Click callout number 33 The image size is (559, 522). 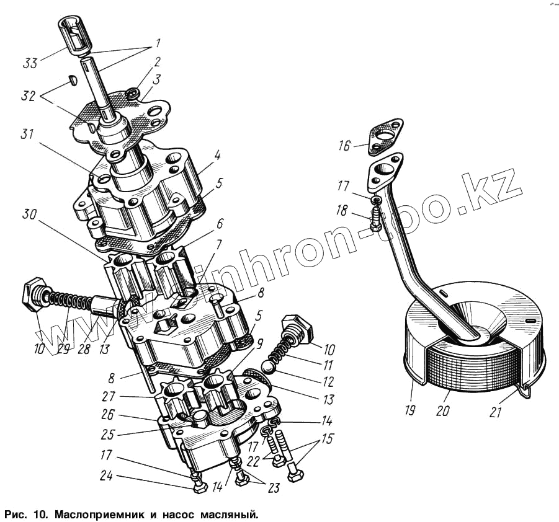[x=30, y=62]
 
